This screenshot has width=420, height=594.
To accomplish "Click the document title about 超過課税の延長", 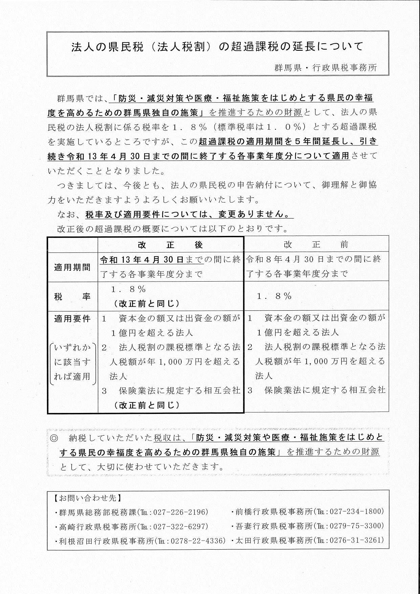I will pyautogui.click(x=217, y=46).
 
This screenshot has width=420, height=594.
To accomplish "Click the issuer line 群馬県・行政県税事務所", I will pyautogui.click(x=326, y=67).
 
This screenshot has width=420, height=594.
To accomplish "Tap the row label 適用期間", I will pyautogui.click(x=72, y=267).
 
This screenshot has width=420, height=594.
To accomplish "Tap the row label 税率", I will pyautogui.click(x=72, y=296).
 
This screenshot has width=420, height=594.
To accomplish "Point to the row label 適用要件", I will pyautogui.click(x=72, y=319).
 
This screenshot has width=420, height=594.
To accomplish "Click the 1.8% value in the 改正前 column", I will pyautogui.click(x=274, y=296).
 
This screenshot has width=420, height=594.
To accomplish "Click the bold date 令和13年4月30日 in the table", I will pyautogui.click(x=142, y=260).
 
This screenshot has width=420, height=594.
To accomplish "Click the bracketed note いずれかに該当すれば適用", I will pyautogui.click(x=72, y=362).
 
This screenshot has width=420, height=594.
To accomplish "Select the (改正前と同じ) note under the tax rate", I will pyautogui.click(x=147, y=304).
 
